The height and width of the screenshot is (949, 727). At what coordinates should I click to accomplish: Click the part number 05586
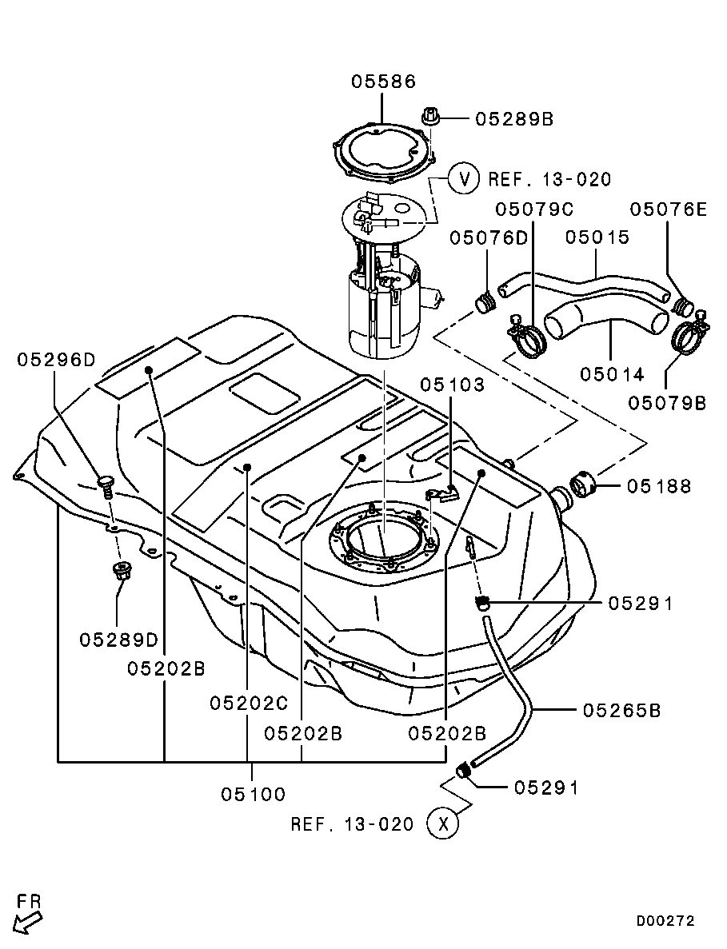tap(384, 81)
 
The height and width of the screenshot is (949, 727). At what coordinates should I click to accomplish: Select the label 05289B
tap(514, 118)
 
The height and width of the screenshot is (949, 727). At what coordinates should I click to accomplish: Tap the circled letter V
tap(465, 178)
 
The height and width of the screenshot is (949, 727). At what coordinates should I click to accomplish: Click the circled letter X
tap(442, 823)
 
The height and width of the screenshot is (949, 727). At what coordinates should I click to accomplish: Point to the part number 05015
tap(597, 237)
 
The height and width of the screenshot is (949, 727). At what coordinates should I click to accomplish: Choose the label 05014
tap(613, 374)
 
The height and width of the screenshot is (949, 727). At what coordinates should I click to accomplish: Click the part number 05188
tap(658, 486)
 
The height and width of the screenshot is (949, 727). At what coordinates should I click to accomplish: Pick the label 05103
tap(452, 385)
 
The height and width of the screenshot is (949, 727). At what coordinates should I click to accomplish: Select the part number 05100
tap(253, 793)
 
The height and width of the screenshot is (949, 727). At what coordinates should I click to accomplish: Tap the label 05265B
tap(622, 710)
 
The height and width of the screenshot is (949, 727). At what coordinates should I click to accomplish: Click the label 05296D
tap(56, 360)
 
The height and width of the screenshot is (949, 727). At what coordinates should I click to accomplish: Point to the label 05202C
tap(250, 704)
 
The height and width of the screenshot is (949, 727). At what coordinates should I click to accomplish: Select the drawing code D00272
tap(665, 920)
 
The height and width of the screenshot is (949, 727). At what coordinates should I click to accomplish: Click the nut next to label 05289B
tap(429, 116)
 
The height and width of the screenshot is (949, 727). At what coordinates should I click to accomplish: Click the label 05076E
tap(669, 209)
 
